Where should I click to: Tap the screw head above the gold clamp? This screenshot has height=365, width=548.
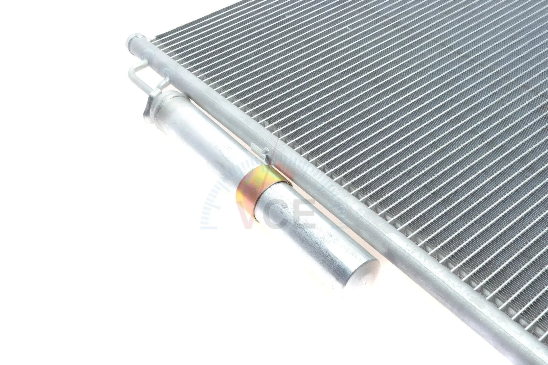pos(264,153)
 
